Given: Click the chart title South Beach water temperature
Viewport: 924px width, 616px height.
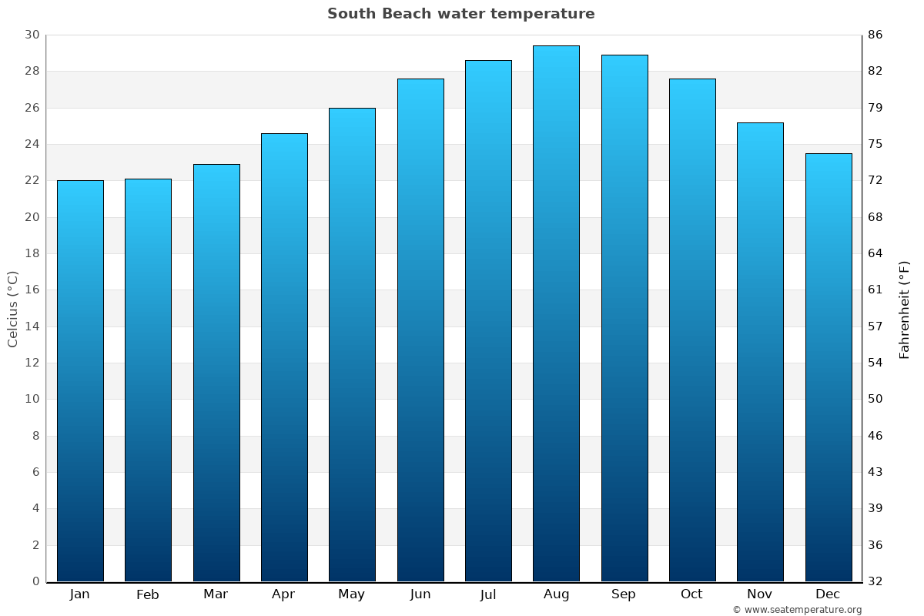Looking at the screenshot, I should (x=460, y=14).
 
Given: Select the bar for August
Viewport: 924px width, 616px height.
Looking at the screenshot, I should (x=556, y=313).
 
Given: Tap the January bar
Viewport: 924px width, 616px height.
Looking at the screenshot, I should (x=80, y=381).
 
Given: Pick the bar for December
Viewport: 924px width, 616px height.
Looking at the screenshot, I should (x=829, y=367).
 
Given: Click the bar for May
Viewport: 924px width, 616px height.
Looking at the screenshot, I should (x=352, y=344).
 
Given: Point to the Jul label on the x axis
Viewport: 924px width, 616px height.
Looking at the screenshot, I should (x=488, y=594).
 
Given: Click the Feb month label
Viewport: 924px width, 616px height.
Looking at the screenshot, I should (x=147, y=594).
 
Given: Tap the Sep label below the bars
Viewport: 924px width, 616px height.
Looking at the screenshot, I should (x=624, y=594).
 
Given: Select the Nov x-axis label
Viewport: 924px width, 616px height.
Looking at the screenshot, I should (x=760, y=594).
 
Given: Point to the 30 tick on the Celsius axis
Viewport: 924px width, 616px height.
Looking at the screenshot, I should (x=32, y=35).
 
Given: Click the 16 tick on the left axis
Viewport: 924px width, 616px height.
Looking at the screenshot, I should (x=32, y=290).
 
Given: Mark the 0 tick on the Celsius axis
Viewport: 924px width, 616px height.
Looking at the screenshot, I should (x=35, y=581).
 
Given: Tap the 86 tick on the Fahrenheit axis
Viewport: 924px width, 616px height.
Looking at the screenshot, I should (x=875, y=35).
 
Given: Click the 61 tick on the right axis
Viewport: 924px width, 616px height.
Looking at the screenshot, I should (x=875, y=290).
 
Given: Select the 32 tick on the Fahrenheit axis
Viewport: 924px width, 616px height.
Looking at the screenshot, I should (x=875, y=581).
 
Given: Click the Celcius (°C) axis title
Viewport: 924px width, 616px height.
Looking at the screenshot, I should (x=13, y=308).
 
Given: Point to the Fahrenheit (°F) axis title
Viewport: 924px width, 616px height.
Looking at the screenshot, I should (x=905, y=309).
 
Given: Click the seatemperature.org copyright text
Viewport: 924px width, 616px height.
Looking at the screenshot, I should (x=797, y=610).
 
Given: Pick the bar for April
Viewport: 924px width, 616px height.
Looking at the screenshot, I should (x=284, y=357).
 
